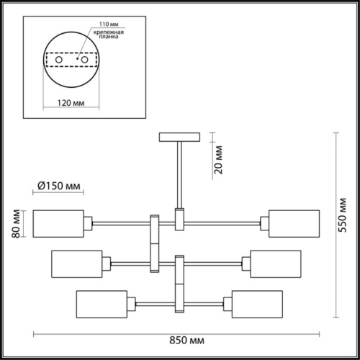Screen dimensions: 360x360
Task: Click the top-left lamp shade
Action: (58, 223)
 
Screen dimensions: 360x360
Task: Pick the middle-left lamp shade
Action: (76, 263)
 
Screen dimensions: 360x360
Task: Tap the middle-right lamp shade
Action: (274, 263)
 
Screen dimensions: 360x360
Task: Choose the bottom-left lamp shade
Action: (100, 302)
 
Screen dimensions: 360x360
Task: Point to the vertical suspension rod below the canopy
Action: (178, 173)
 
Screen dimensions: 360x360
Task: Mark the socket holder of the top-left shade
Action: (89, 223)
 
